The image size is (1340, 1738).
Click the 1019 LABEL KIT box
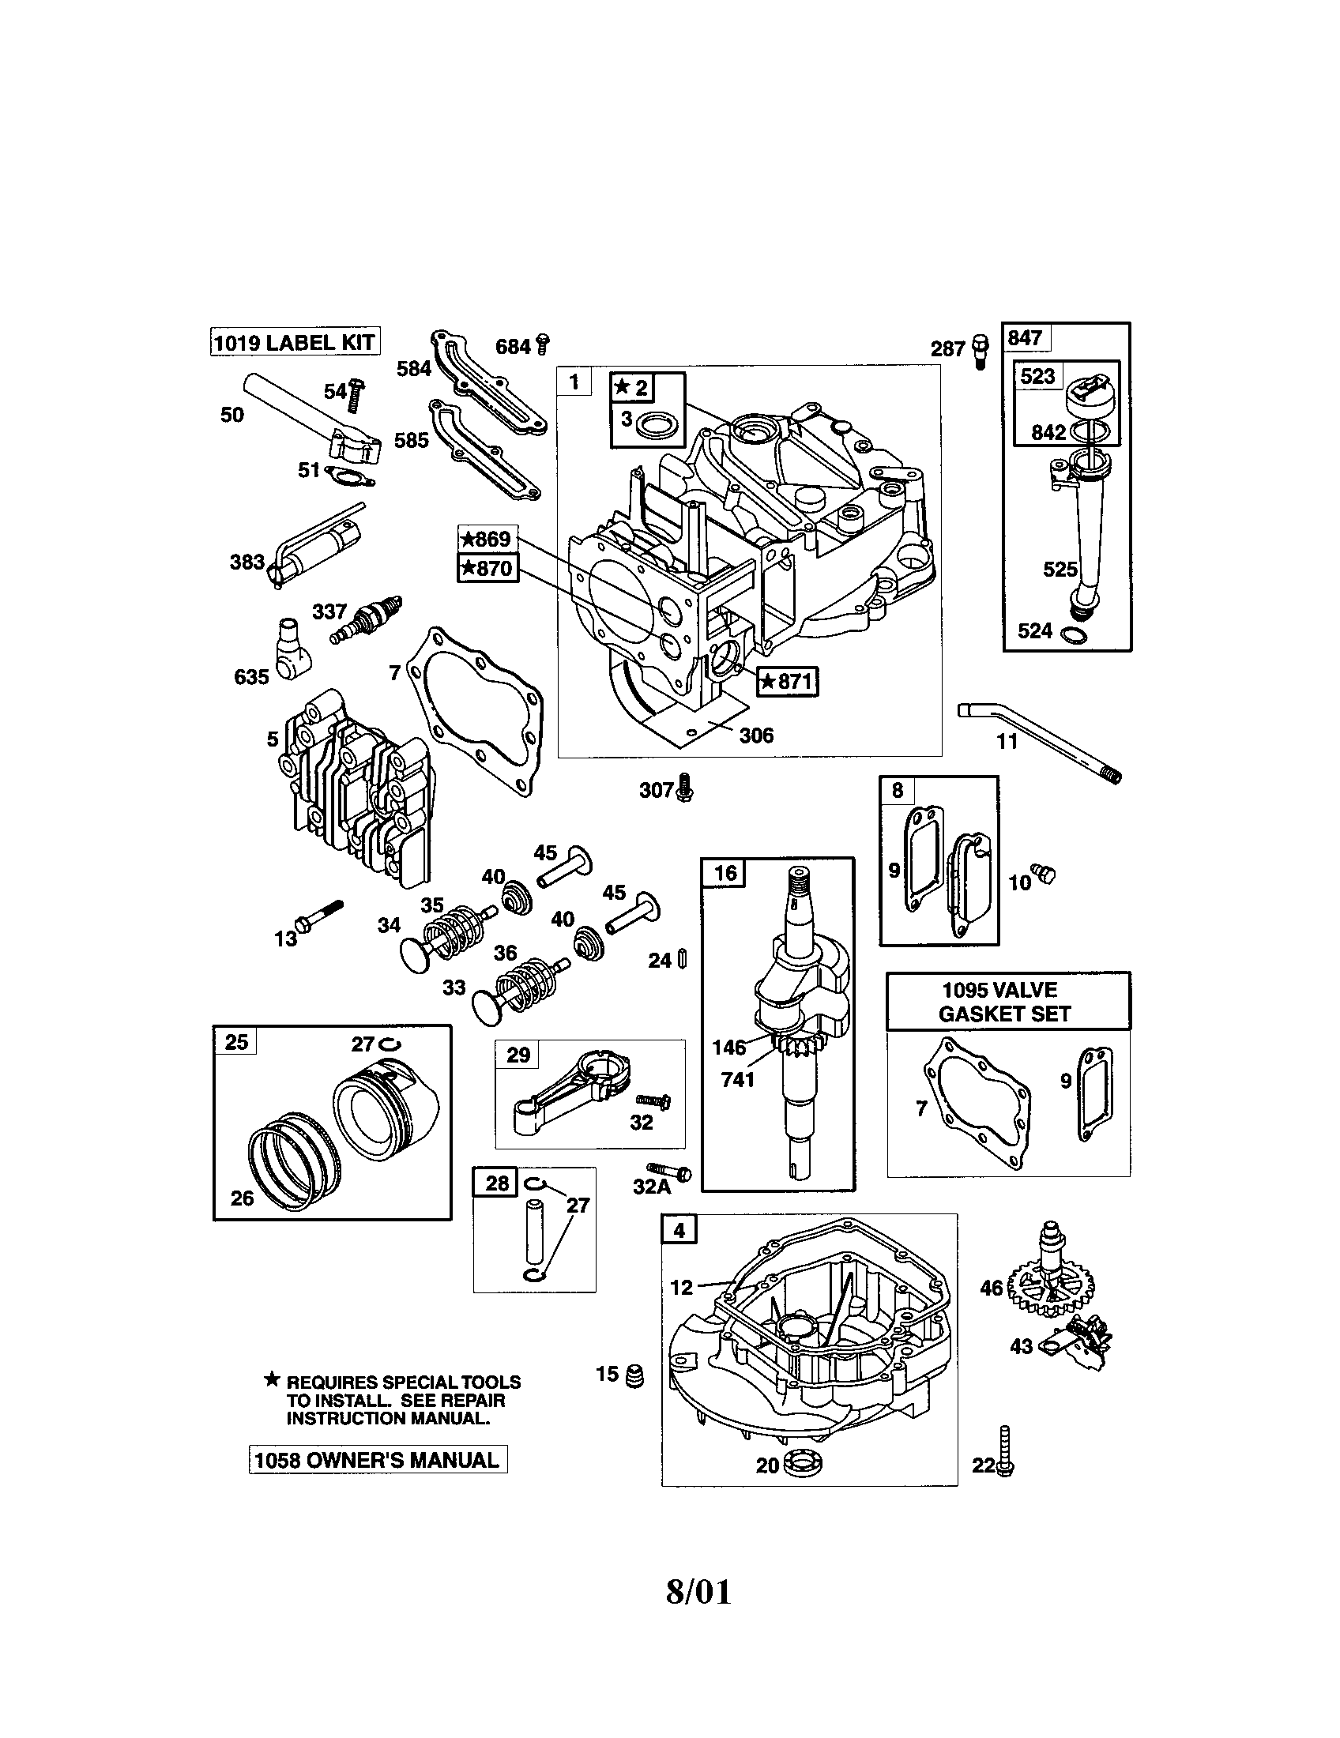pyautogui.click(x=295, y=342)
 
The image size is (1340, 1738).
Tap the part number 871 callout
pyautogui.click(x=787, y=681)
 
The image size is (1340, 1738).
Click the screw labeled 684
pyautogui.click(x=544, y=344)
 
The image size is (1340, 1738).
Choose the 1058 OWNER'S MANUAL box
pyautogui.click(x=378, y=1460)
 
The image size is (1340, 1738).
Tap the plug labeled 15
pyautogui.click(x=635, y=1375)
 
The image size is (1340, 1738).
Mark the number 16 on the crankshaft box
pyautogui.click(x=724, y=873)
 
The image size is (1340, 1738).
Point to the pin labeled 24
pyautogui.click(x=682, y=959)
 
